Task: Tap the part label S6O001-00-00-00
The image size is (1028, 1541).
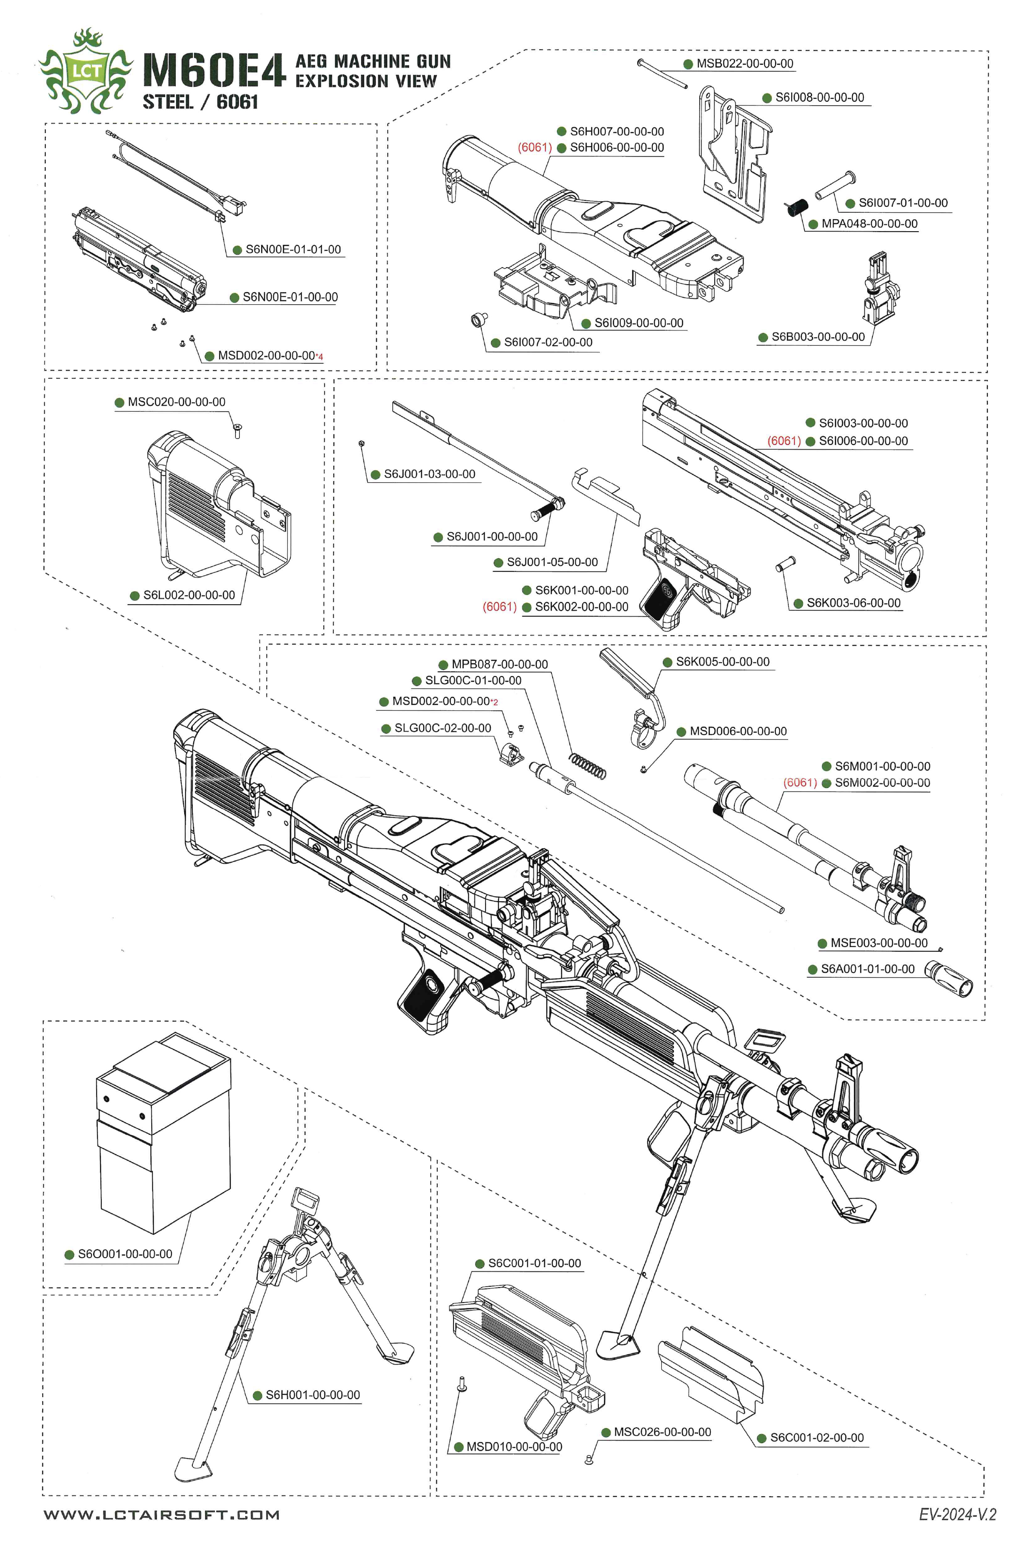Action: tap(124, 1254)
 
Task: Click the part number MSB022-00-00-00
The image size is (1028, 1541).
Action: tap(744, 64)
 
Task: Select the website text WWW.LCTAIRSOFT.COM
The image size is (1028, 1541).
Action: tap(161, 1514)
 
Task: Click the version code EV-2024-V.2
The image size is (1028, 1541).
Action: tap(957, 1514)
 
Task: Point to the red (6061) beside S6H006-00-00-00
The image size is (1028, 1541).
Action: tap(534, 147)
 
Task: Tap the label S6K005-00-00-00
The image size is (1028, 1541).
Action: tap(722, 662)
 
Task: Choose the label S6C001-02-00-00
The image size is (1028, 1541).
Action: tap(816, 1438)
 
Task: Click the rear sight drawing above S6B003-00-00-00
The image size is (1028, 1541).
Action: tap(878, 288)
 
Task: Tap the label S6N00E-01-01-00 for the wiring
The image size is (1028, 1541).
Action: tap(293, 250)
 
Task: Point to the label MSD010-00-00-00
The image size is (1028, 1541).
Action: tap(514, 1447)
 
